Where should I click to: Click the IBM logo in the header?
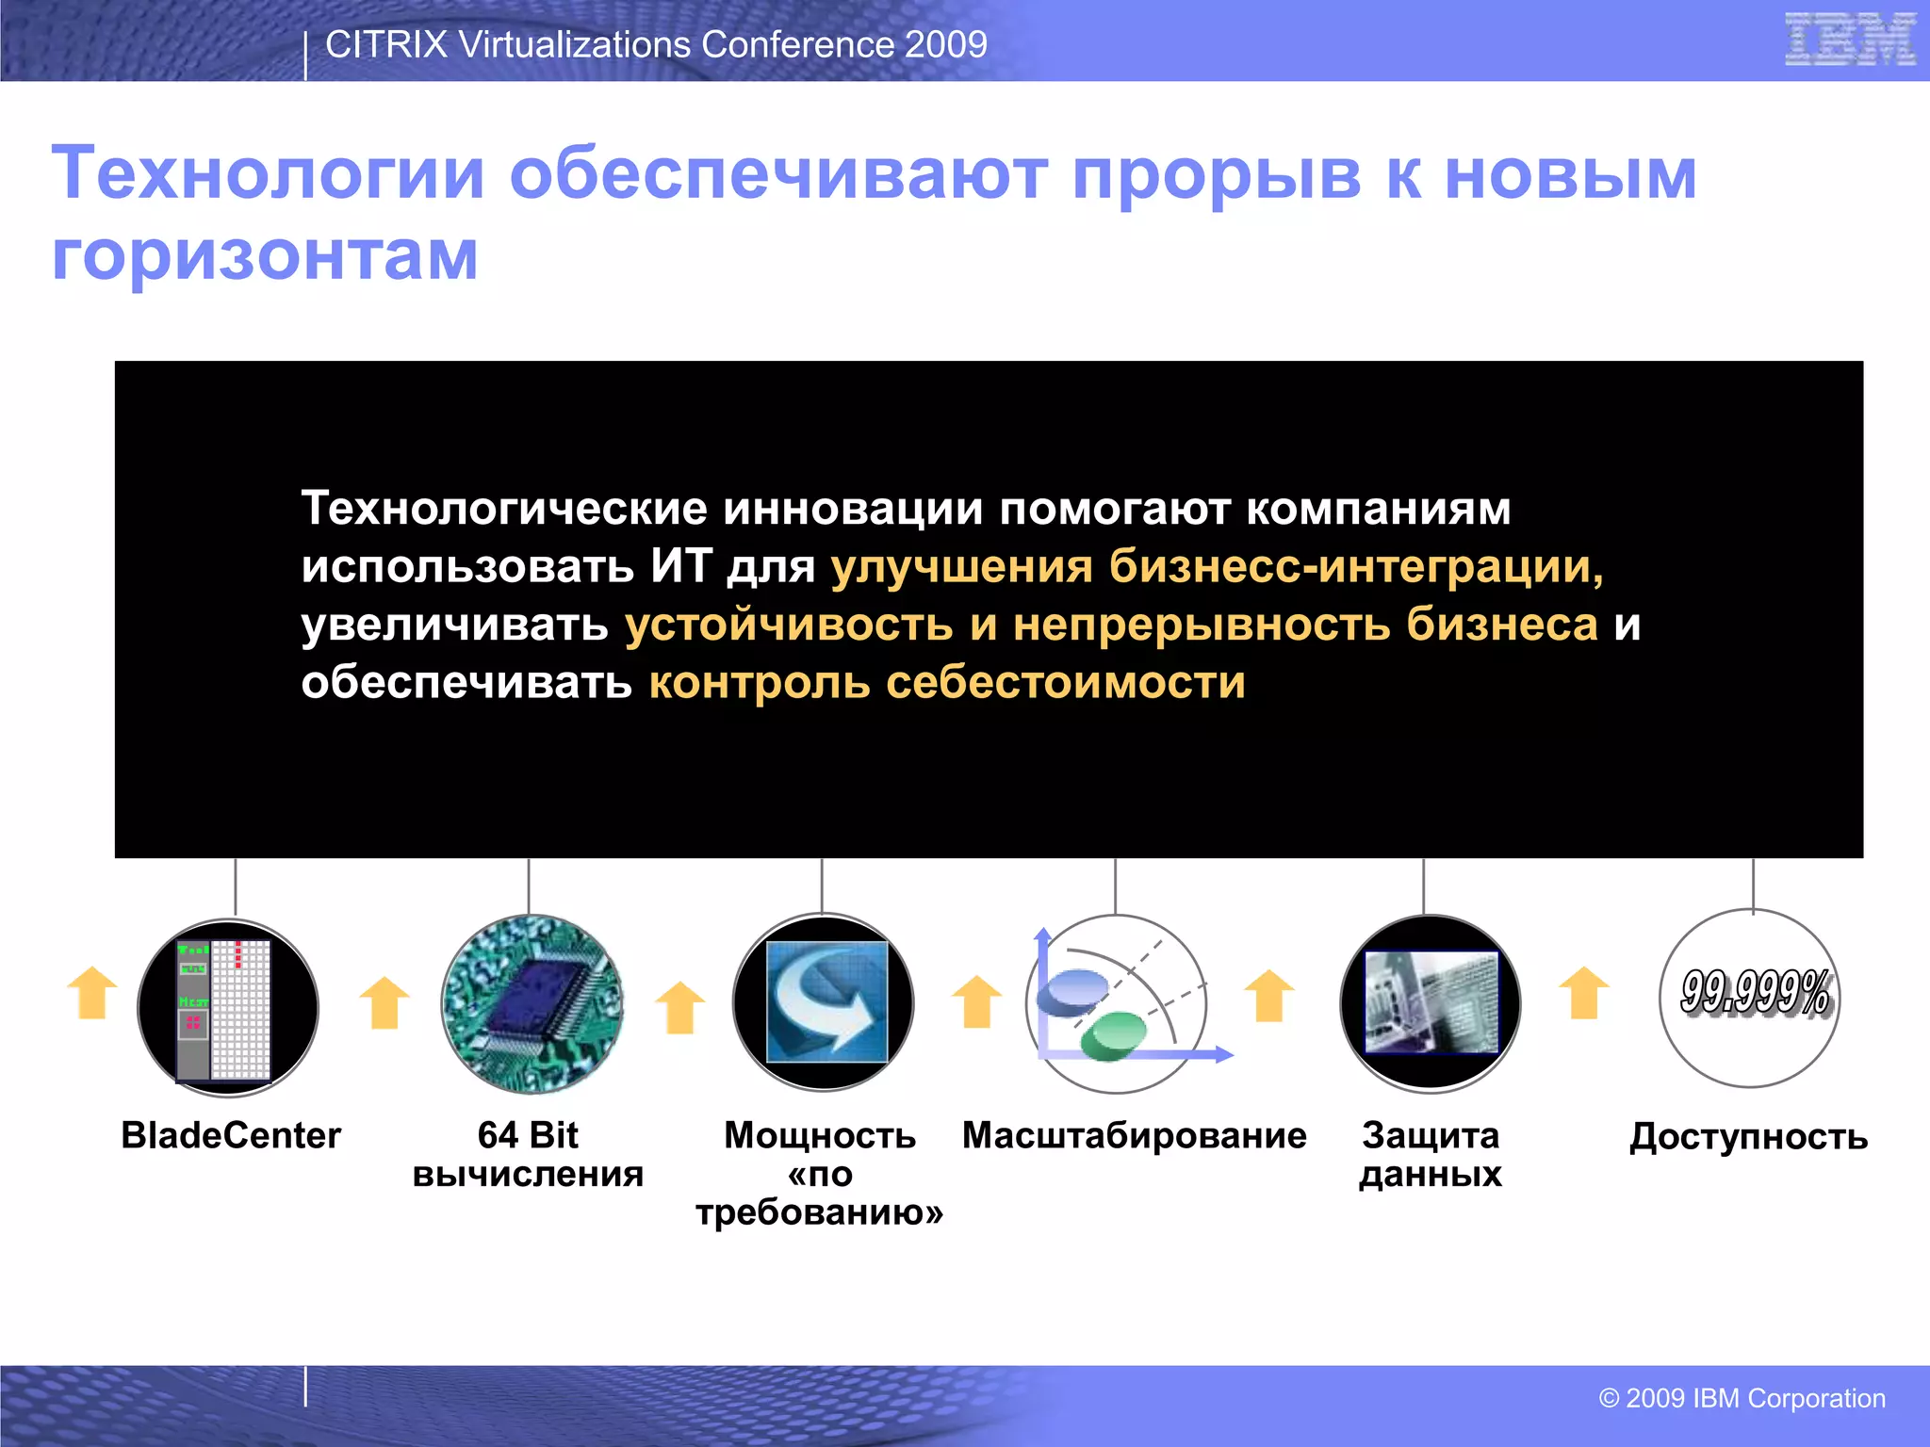1849,41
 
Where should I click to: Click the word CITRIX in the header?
385,44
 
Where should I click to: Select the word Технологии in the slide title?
268,173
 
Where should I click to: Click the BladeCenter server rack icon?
227,1008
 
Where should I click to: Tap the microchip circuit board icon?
532,1004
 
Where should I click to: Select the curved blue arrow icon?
826,1002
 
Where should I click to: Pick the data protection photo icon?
1431,1002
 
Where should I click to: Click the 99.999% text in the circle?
1755,993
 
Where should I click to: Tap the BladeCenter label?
231,1135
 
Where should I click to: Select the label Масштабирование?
1134,1135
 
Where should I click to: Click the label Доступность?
1748,1137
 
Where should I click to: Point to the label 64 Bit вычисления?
528,1154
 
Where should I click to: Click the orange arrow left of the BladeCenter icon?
92,993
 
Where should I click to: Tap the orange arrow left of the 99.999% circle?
1584,993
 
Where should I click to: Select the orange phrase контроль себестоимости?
946,682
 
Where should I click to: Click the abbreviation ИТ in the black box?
679,566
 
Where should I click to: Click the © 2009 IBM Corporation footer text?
1742,1398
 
